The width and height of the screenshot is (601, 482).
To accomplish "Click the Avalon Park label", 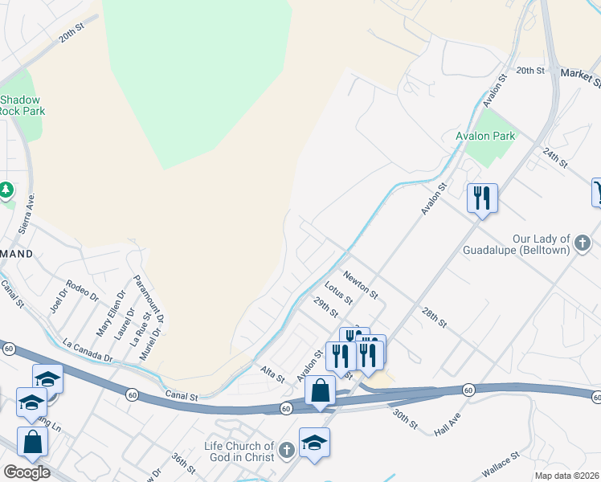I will pos(485,137).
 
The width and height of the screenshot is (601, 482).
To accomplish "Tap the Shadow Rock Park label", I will pos(22,105).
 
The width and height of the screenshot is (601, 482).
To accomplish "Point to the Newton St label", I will pos(360,285).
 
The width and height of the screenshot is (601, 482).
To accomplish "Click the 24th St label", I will pos(554,153).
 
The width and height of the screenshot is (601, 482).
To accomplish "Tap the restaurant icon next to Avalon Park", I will pos(482,198).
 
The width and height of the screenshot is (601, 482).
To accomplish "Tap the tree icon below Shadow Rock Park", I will pos(6,190).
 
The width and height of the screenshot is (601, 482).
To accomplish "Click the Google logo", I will pos(26,472).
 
